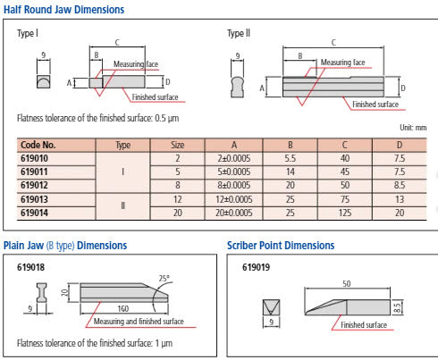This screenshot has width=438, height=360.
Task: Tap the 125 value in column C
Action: point(345,213)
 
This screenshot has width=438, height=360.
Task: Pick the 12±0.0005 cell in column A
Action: point(234,199)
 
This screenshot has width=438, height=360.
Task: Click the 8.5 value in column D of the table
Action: point(400,185)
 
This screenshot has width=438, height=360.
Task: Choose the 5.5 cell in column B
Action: point(290,158)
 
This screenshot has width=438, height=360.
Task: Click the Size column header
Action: point(178,145)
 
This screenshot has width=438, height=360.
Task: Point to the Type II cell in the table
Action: point(122,205)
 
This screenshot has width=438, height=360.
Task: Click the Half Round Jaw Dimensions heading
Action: point(63,9)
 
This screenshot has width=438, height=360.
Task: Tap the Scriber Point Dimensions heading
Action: point(281,246)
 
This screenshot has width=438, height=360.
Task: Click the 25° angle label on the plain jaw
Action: point(164,279)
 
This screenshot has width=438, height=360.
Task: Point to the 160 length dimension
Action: point(123,308)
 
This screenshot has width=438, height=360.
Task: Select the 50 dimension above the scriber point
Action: point(347,284)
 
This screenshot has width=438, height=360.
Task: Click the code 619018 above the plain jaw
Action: point(30,267)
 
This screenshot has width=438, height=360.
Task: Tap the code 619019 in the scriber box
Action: point(256,267)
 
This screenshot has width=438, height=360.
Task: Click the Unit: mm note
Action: point(413,128)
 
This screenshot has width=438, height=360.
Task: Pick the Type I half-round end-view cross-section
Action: point(44,82)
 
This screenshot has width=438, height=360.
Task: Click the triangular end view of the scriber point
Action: point(271,307)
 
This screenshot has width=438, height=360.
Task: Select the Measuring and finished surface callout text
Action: point(139,322)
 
